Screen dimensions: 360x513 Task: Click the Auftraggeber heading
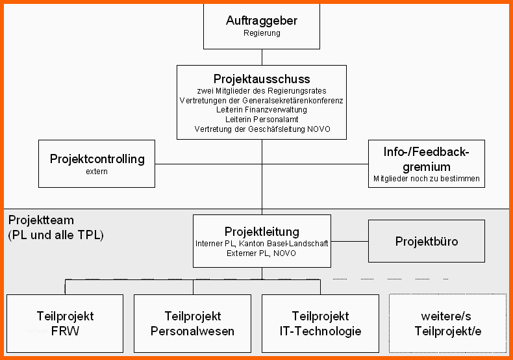[x=262, y=21]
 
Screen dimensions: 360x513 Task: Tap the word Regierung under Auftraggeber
[x=262, y=33]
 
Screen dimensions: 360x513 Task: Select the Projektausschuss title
[x=262, y=79]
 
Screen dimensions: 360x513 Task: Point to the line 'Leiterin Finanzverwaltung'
[x=262, y=110]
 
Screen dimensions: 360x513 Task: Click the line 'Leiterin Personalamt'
[x=262, y=120]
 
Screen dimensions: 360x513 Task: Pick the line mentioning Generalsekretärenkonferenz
[x=262, y=101]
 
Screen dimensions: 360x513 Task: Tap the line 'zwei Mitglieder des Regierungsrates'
[x=262, y=91]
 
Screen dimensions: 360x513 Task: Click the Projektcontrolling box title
[x=97, y=159]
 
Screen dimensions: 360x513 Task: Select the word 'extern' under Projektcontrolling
[x=97, y=172]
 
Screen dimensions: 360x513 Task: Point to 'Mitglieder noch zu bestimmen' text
[x=427, y=178]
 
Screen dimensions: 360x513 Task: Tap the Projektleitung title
[x=262, y=231]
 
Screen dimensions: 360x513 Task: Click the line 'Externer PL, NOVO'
[x=262, y=253]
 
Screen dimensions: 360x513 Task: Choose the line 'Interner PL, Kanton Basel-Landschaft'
[x=262, y=243]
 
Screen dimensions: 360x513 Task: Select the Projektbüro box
[x=427, y=242]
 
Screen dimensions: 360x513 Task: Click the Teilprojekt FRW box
[x=65, y=324]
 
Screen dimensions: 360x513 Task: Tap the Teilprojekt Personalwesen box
[x=193, y=324]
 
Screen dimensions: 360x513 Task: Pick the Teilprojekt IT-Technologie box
[x=320, y=324]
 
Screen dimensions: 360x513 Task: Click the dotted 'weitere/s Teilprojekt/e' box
[x=447, y=324]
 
